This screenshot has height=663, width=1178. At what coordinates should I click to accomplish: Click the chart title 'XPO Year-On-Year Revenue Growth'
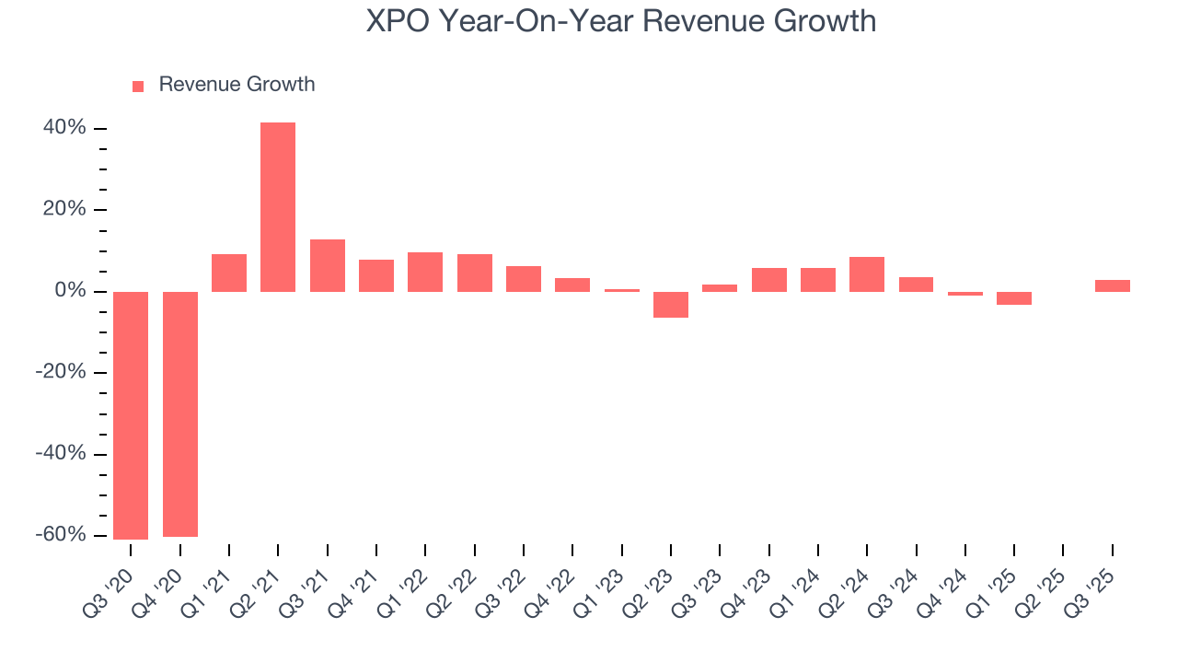point(621,20)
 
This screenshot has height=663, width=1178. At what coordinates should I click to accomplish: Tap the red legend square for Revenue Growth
point(138,86)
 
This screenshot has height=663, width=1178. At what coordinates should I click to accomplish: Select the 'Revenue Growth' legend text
point(237,85)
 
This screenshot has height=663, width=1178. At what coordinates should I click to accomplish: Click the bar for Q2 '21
point(278,207)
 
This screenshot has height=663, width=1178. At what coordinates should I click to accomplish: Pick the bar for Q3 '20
point(131,414)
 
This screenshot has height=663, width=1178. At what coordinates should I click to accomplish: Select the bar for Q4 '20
point(180,413)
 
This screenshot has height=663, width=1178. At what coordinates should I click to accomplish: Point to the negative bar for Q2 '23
point(671,305)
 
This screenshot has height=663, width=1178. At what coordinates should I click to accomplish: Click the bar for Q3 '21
point(328,266)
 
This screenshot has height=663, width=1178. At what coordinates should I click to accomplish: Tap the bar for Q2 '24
point(867,274)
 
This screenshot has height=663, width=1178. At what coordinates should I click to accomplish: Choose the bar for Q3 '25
point(1113,286)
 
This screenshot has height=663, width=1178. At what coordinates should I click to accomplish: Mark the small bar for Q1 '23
point(622,290)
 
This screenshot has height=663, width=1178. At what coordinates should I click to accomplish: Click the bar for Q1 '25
point(1014,298)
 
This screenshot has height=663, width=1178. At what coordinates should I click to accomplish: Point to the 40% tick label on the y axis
point(64,128)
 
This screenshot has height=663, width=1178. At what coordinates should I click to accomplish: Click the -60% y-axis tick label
point(61,535)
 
